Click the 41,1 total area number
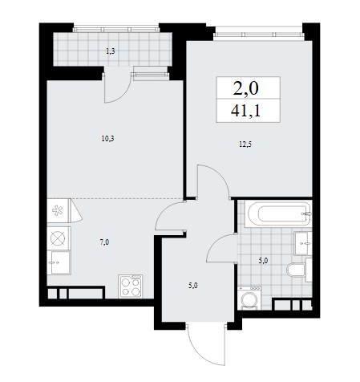(x=245, y=111)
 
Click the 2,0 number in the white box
(x=246, y=88)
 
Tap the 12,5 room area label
(x=245, y=144)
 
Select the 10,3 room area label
(x=107, y=139)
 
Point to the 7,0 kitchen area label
(x=104, y=242)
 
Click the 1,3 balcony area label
(x=111, y=51)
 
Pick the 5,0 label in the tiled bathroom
(x=263, y=261)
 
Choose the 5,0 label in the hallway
(x=193, y=286)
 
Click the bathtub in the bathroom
(x=278, y=214)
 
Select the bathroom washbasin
(x=303, y=243)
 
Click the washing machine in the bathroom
(x=249, y=298)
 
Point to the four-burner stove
(x=131, y=286)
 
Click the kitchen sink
(x=59, y=262)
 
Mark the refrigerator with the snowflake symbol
(x=59, y=210)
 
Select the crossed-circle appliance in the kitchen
(x=59, y=238)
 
